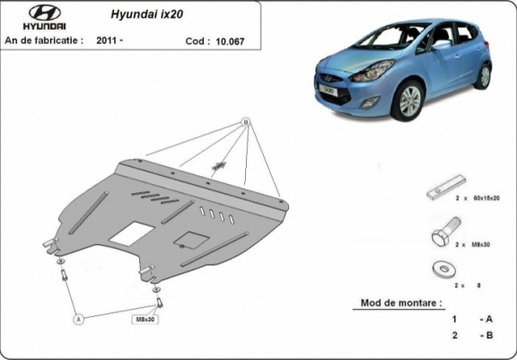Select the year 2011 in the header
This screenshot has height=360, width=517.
[x=109, y=40]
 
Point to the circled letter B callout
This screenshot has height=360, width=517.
[x=244, y=122]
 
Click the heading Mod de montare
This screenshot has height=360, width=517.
[x=399, y=303]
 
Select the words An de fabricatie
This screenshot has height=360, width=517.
[x=43, y=40]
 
